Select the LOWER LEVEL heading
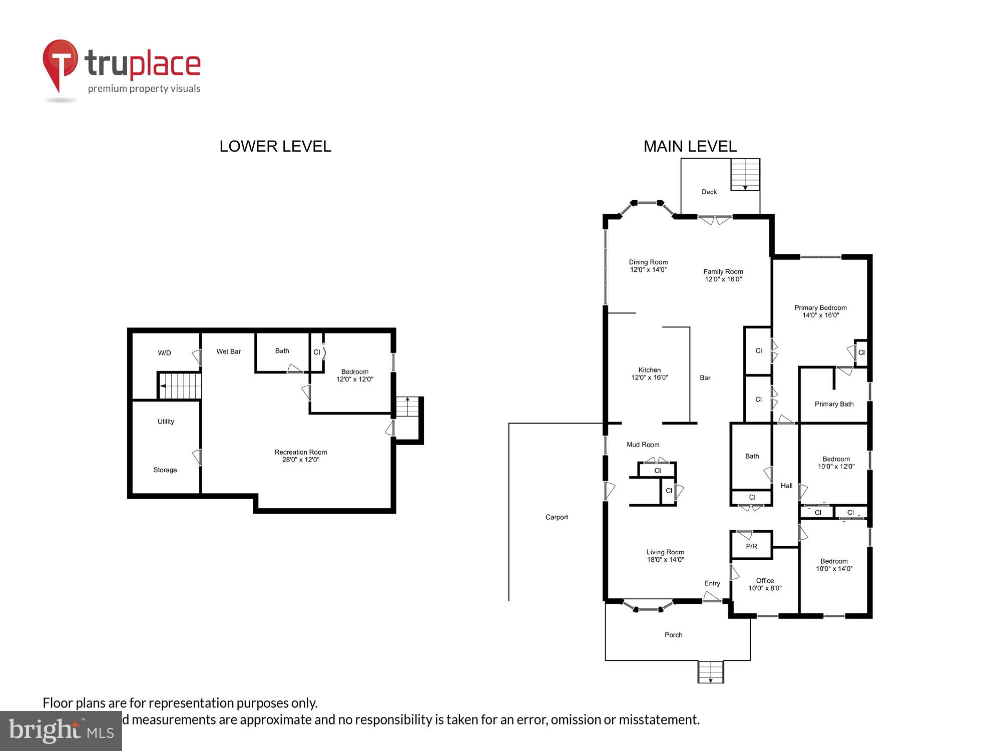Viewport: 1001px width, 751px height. (275, 146)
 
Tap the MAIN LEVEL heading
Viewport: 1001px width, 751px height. (690, 146)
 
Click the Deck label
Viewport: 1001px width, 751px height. (709, 192)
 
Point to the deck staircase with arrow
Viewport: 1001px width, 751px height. (745, 174)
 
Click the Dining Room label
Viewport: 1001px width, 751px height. (648, 262)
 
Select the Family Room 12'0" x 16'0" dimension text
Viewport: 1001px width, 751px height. (723, 279)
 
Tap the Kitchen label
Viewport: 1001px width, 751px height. (649, 370)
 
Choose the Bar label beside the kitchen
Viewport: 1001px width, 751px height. (705, 378)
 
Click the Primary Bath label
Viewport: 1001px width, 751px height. (834, 404)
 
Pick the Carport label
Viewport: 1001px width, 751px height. (557, 517)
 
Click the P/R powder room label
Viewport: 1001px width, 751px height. (751, 546)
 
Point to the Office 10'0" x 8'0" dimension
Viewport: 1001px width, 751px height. (765, 588)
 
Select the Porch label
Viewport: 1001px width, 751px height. (673, 635)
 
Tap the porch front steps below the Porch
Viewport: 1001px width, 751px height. (711, 671)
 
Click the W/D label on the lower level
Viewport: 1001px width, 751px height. (164, 353)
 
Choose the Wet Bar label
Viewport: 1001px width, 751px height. (228, 351)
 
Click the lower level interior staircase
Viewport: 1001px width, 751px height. (180, 386)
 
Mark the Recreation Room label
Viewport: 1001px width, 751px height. (300, 452)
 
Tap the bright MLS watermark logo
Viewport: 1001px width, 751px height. (61, 731)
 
